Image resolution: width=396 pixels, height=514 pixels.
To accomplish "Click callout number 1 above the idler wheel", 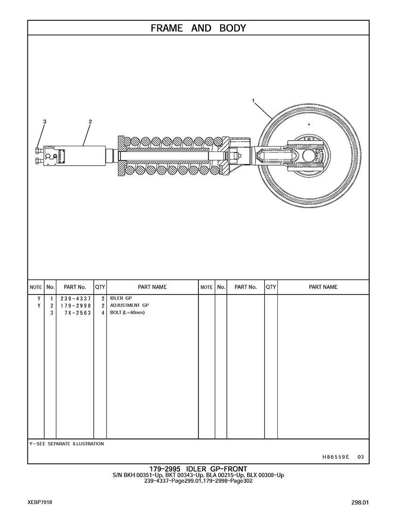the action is [x=253, y=101].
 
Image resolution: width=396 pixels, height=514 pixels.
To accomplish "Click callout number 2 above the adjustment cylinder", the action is [x=90, y=121].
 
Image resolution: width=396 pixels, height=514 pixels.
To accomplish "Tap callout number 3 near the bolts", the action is [x=45, y=121].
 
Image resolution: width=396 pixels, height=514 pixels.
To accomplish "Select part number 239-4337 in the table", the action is [x=75, y=299].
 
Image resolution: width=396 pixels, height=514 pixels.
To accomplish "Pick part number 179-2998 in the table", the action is [x=75, y=305].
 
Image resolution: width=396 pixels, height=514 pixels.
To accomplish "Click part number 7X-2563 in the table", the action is [x=78, y=313].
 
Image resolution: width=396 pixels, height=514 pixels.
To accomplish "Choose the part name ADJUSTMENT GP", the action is [x=129, y=305].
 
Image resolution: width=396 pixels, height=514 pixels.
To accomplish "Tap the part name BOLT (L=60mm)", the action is [x=127, y=312].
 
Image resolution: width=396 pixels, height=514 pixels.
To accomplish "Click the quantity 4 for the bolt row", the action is [x=102, y=313].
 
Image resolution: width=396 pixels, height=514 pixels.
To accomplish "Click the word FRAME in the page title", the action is [x=167, y=28].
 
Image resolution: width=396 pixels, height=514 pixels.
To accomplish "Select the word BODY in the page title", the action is [x=232, y=28].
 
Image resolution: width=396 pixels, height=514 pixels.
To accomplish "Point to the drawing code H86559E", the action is [x=336, y=456].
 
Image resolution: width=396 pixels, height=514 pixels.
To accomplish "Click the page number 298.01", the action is [x=360, y=502].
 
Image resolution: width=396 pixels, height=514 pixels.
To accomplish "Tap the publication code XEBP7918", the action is [x=40, y=502].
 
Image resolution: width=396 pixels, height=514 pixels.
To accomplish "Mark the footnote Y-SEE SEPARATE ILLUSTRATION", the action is [x=66, y=444].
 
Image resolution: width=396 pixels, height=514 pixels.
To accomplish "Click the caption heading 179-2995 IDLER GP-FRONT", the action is [x=198, y=469].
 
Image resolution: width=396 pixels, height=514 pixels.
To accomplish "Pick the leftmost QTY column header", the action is [x=100, y=287].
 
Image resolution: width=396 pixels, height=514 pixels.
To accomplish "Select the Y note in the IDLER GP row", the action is [x=39, y=299].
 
